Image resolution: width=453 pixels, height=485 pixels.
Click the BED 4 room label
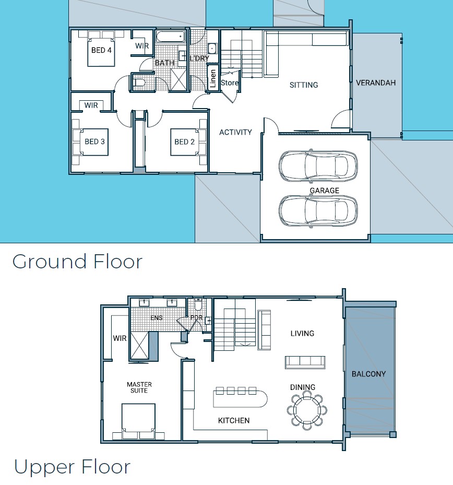[x=101, y=50]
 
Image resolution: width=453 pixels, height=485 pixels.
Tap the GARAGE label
[x=325, y=191]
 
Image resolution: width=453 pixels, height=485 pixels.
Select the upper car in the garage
[x=318, y=166]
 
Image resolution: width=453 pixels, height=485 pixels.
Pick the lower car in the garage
[x=318, y=210]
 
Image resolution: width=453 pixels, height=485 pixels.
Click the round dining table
[x=307, y=410]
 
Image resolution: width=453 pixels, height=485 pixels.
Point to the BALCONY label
[x=368, y=374]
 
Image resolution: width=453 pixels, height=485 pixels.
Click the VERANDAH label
[x=376, y=83]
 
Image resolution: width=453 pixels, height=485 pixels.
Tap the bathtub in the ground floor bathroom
[x=170, y=37]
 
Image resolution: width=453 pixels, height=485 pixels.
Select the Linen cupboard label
[x=213, y=78]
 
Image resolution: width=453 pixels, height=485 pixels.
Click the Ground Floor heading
[x=77, y=262]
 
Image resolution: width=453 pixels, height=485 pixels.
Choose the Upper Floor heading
[x=73, y=467]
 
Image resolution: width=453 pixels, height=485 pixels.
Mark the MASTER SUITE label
[x=139, y=387]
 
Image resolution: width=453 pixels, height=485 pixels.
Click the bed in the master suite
[x=138, y=421]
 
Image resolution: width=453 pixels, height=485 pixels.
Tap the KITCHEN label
[x=234, y=420]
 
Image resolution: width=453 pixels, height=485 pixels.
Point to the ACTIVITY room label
[x=235, y=133]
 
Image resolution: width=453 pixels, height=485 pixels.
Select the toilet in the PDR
[x=198, y=304]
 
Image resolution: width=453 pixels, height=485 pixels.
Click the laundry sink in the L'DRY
[x=212, y=49]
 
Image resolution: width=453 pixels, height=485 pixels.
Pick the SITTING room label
[x=304, y=85]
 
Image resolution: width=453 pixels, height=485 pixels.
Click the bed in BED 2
[x=184, y=142]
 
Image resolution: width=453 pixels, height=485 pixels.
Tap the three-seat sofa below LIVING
[x=305, y=362]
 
